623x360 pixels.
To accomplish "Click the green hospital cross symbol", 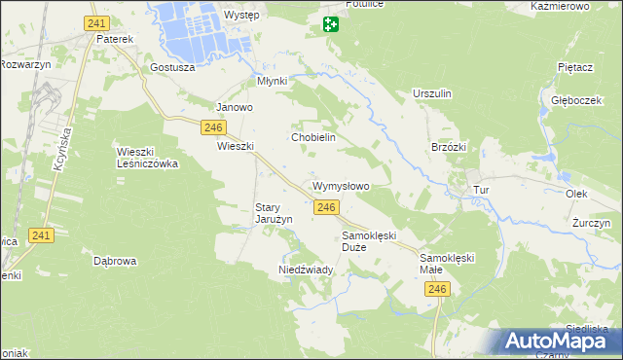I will tap(331, 24).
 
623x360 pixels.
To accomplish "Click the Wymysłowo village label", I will tap(341, 185).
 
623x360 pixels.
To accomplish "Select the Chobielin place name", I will tap(313, 137).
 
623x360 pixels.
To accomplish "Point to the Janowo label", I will tap(235, 107).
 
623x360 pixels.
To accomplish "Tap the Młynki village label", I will tap(272, 81).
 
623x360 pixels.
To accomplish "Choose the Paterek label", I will tap(115, 39).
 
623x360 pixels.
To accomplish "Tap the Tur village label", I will tap(479, 190).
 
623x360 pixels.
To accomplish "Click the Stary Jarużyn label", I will tap(274, 213).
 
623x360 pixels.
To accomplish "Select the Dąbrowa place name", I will tap(115, 261).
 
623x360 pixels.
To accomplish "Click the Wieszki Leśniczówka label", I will tap(147, 158).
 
